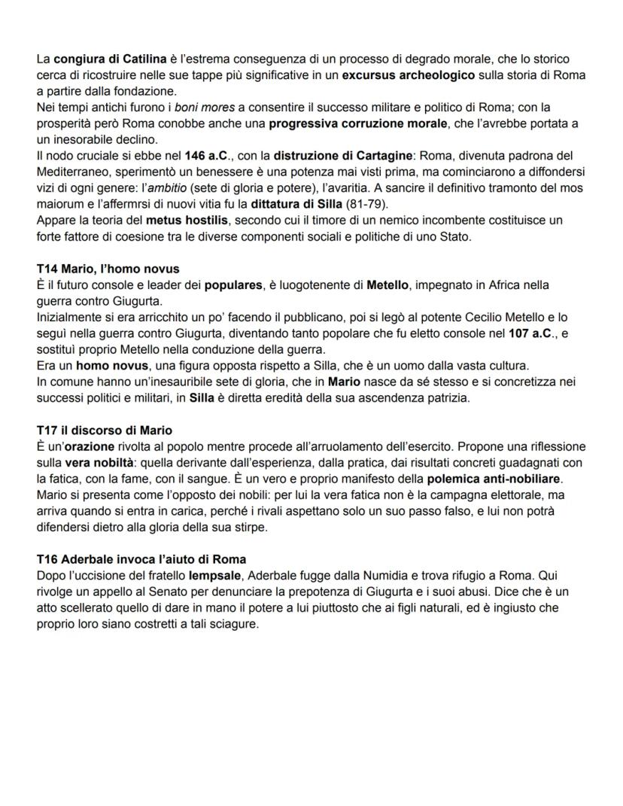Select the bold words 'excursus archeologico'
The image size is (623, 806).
pos(409,76)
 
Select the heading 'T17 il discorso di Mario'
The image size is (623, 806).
pos(104,430)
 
